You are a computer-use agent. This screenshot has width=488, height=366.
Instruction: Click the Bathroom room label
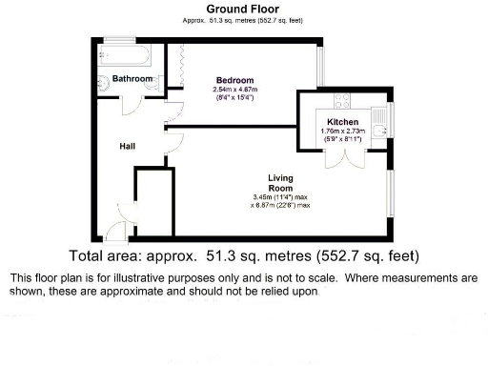132,78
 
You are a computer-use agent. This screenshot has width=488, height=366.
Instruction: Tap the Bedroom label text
234,80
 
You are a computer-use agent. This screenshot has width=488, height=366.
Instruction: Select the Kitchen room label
343,123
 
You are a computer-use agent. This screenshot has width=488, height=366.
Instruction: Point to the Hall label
128,147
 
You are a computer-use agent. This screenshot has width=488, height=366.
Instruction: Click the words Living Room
279,182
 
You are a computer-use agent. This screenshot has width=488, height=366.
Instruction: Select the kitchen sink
379,124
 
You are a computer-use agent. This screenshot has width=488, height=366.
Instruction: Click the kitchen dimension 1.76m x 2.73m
342,133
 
